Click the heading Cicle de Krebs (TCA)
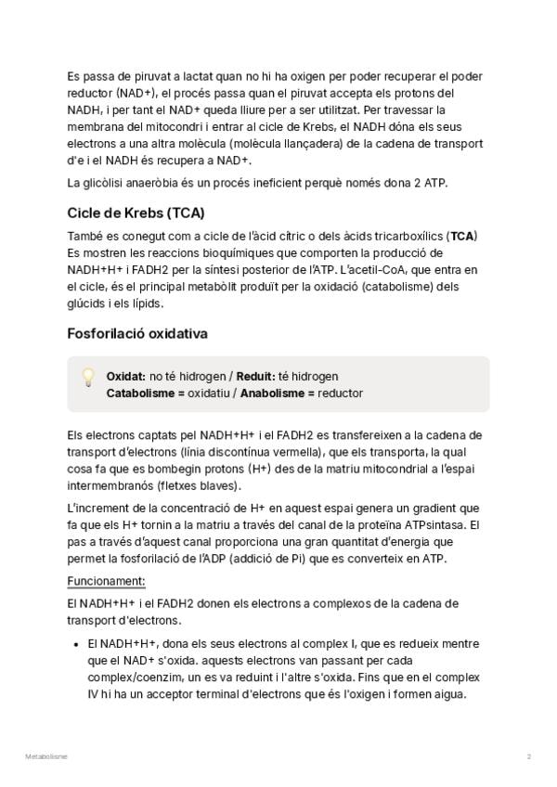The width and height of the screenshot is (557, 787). (136, 213)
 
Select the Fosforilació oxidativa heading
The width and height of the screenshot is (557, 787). (137, 333)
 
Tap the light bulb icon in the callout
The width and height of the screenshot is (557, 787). (88, 377)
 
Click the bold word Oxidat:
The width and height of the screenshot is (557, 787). (125, 377)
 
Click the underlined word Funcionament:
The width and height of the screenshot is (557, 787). (106, 581)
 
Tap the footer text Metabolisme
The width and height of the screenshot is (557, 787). (46, 757)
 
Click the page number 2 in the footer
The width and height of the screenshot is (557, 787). (528, 757)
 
